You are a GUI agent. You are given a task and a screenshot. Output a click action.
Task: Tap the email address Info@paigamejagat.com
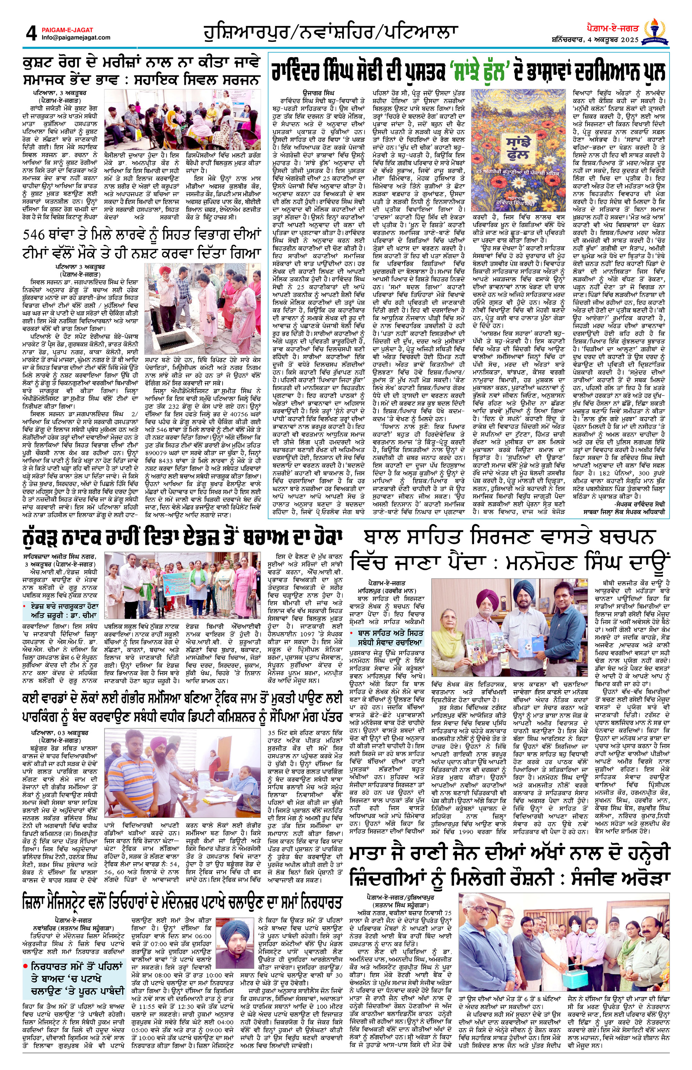pyautogui.click(x=75, y=38)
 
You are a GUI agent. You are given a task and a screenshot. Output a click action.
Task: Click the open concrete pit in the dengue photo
pyautogui.click(x=179, y=334)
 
